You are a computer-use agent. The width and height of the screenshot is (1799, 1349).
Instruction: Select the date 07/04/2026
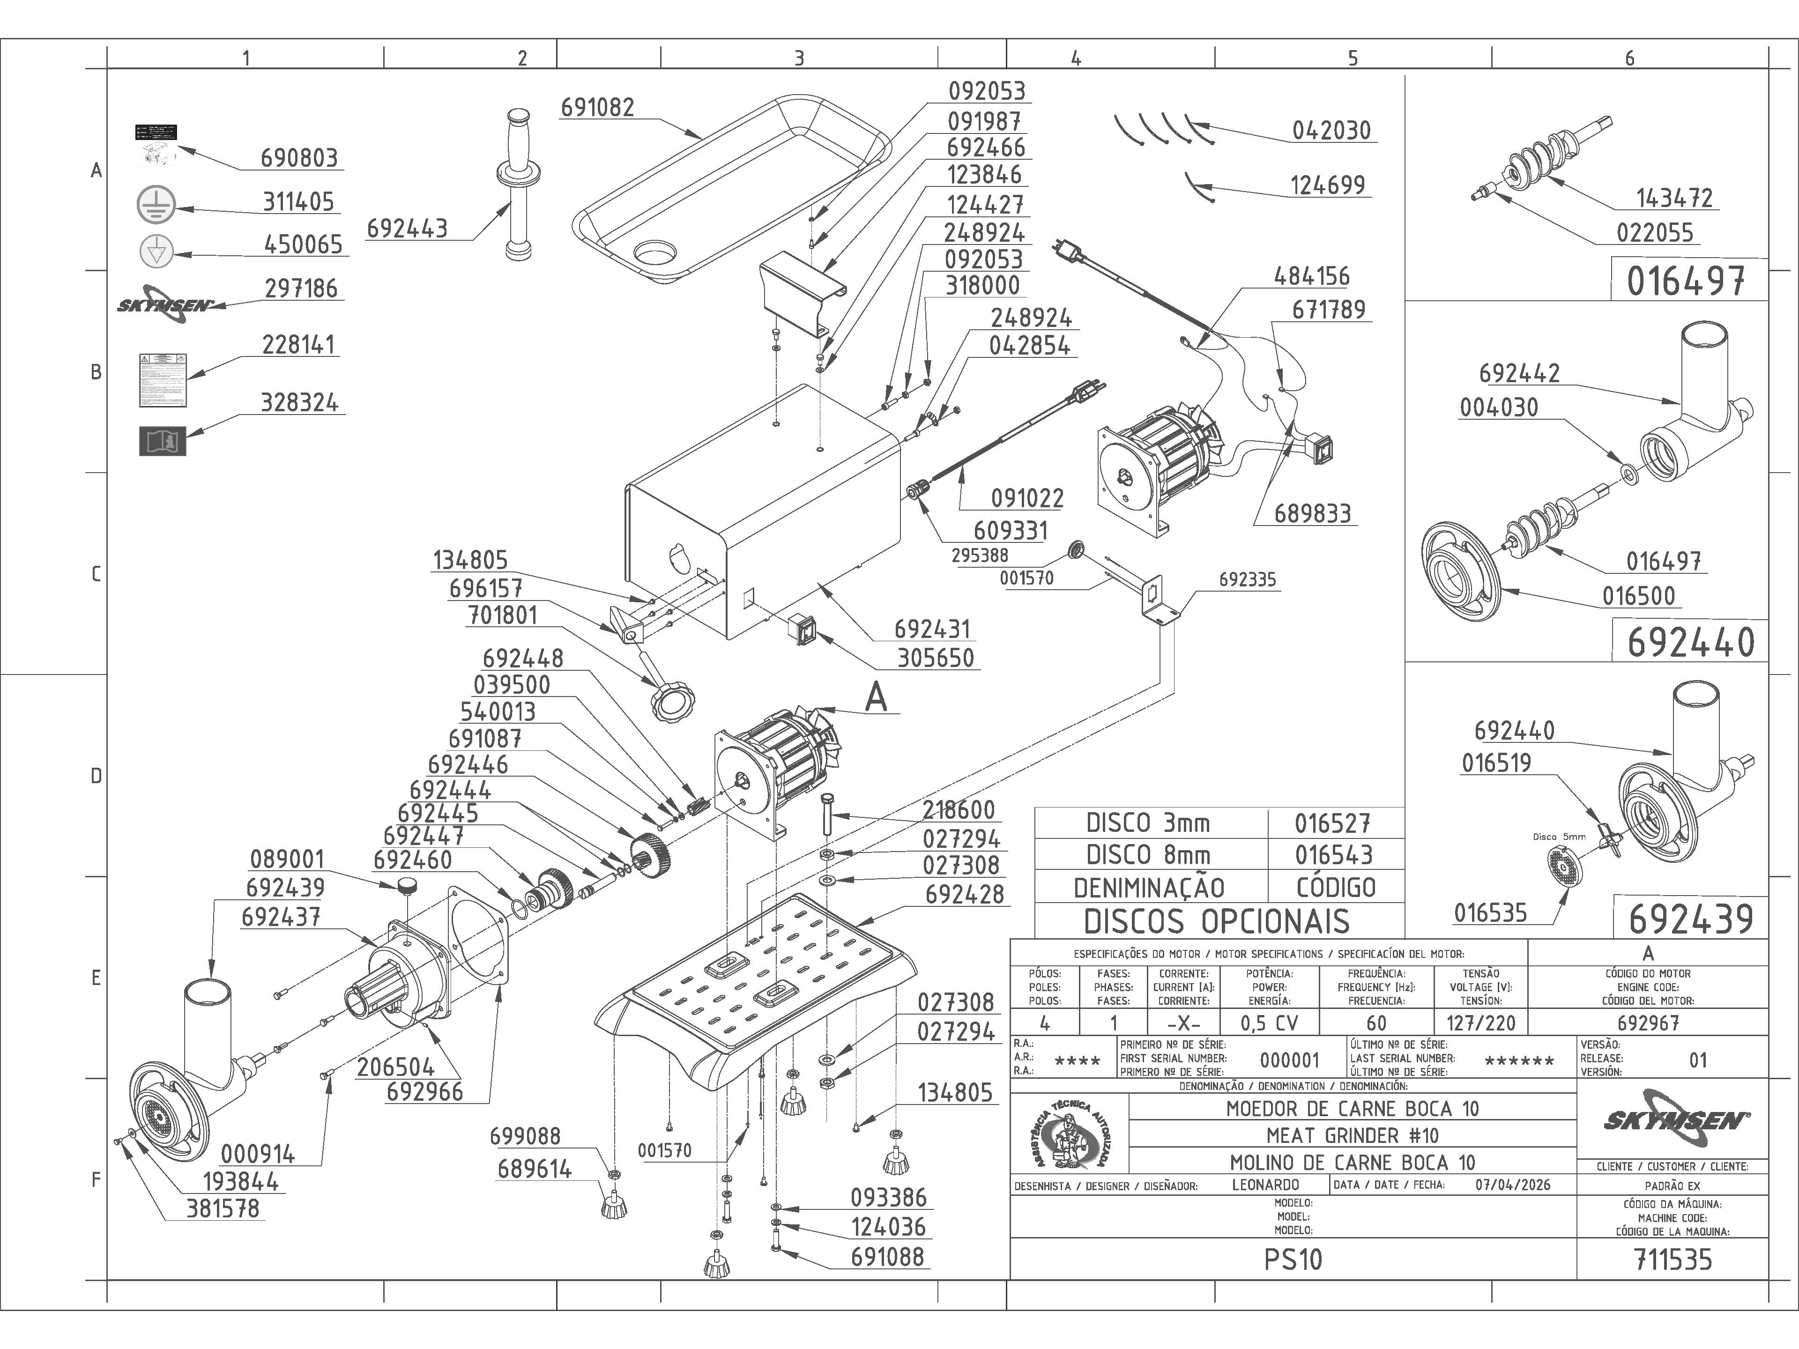(x=1513, y=1185)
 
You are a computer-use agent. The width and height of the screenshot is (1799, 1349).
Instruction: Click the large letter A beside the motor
(x=876, y=697)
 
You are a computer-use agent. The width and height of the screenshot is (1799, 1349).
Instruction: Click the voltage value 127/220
(x=1480, y=1023)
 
